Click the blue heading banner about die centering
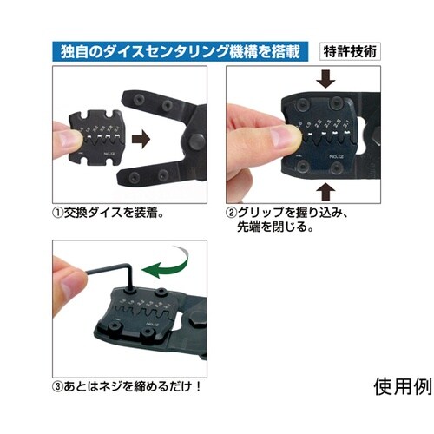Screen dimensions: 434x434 click(x=181, y=50)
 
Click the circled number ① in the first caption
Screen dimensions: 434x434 click(x=58, y=212)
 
